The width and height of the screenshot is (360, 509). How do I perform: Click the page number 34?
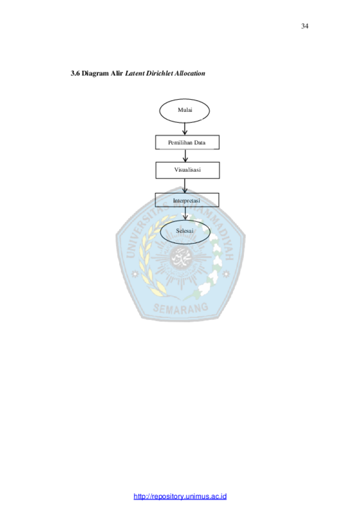pyautogui.click(x=305, y=26)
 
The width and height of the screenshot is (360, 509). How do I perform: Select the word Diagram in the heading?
pyautogui.click(x=95, y=73)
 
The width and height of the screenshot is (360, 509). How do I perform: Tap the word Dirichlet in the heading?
pyautogui.click(x=159, y=73)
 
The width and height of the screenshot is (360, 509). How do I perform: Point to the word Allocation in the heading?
pyautogui.click(x=190, y=73)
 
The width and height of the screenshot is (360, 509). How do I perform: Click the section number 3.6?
pyautogui.click(x=75, y=73)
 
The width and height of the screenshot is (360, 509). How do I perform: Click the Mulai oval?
pyautogui.click(x=184, y=111)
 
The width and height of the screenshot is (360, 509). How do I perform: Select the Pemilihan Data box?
pyautogui.click(x=187, y=142)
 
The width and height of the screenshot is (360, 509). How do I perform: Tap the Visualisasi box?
pyautogui.click(x=187, y=170)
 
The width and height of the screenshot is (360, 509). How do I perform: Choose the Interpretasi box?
pyautogui.click(x=187, y=200)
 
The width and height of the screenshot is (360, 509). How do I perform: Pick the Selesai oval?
pyautogui.click(x=185, y=232)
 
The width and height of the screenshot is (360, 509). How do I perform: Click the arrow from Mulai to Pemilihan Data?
pyautogui.click(x=184, y=129)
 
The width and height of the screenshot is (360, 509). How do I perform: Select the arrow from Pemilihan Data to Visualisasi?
pyautogui.click(x=185, y=156)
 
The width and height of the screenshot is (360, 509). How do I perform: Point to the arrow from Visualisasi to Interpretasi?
pyautogui.click(x=184, y=186)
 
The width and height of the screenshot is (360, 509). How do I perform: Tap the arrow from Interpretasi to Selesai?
pyautogui.click(x=185, y=213)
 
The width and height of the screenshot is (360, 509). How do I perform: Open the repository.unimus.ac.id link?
pyautogui.click(x=180, y=496)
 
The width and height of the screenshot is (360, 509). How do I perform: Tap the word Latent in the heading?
pyautogui.click(x=135, y=73)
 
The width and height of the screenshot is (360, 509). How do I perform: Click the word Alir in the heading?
pyautogui.click(x=116, y=73)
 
